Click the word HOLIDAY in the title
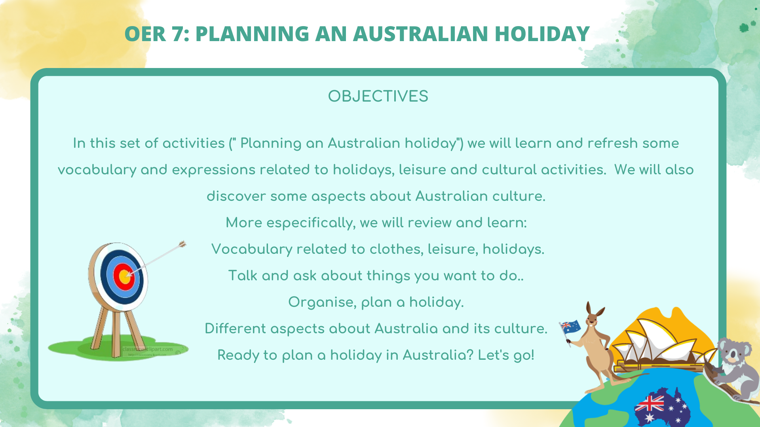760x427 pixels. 542,34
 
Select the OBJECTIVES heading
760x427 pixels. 378,96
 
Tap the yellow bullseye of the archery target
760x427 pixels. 125,276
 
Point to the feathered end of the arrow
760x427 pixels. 182,244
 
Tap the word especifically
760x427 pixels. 310,223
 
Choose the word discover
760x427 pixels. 236,196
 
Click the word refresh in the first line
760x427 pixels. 613,143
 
